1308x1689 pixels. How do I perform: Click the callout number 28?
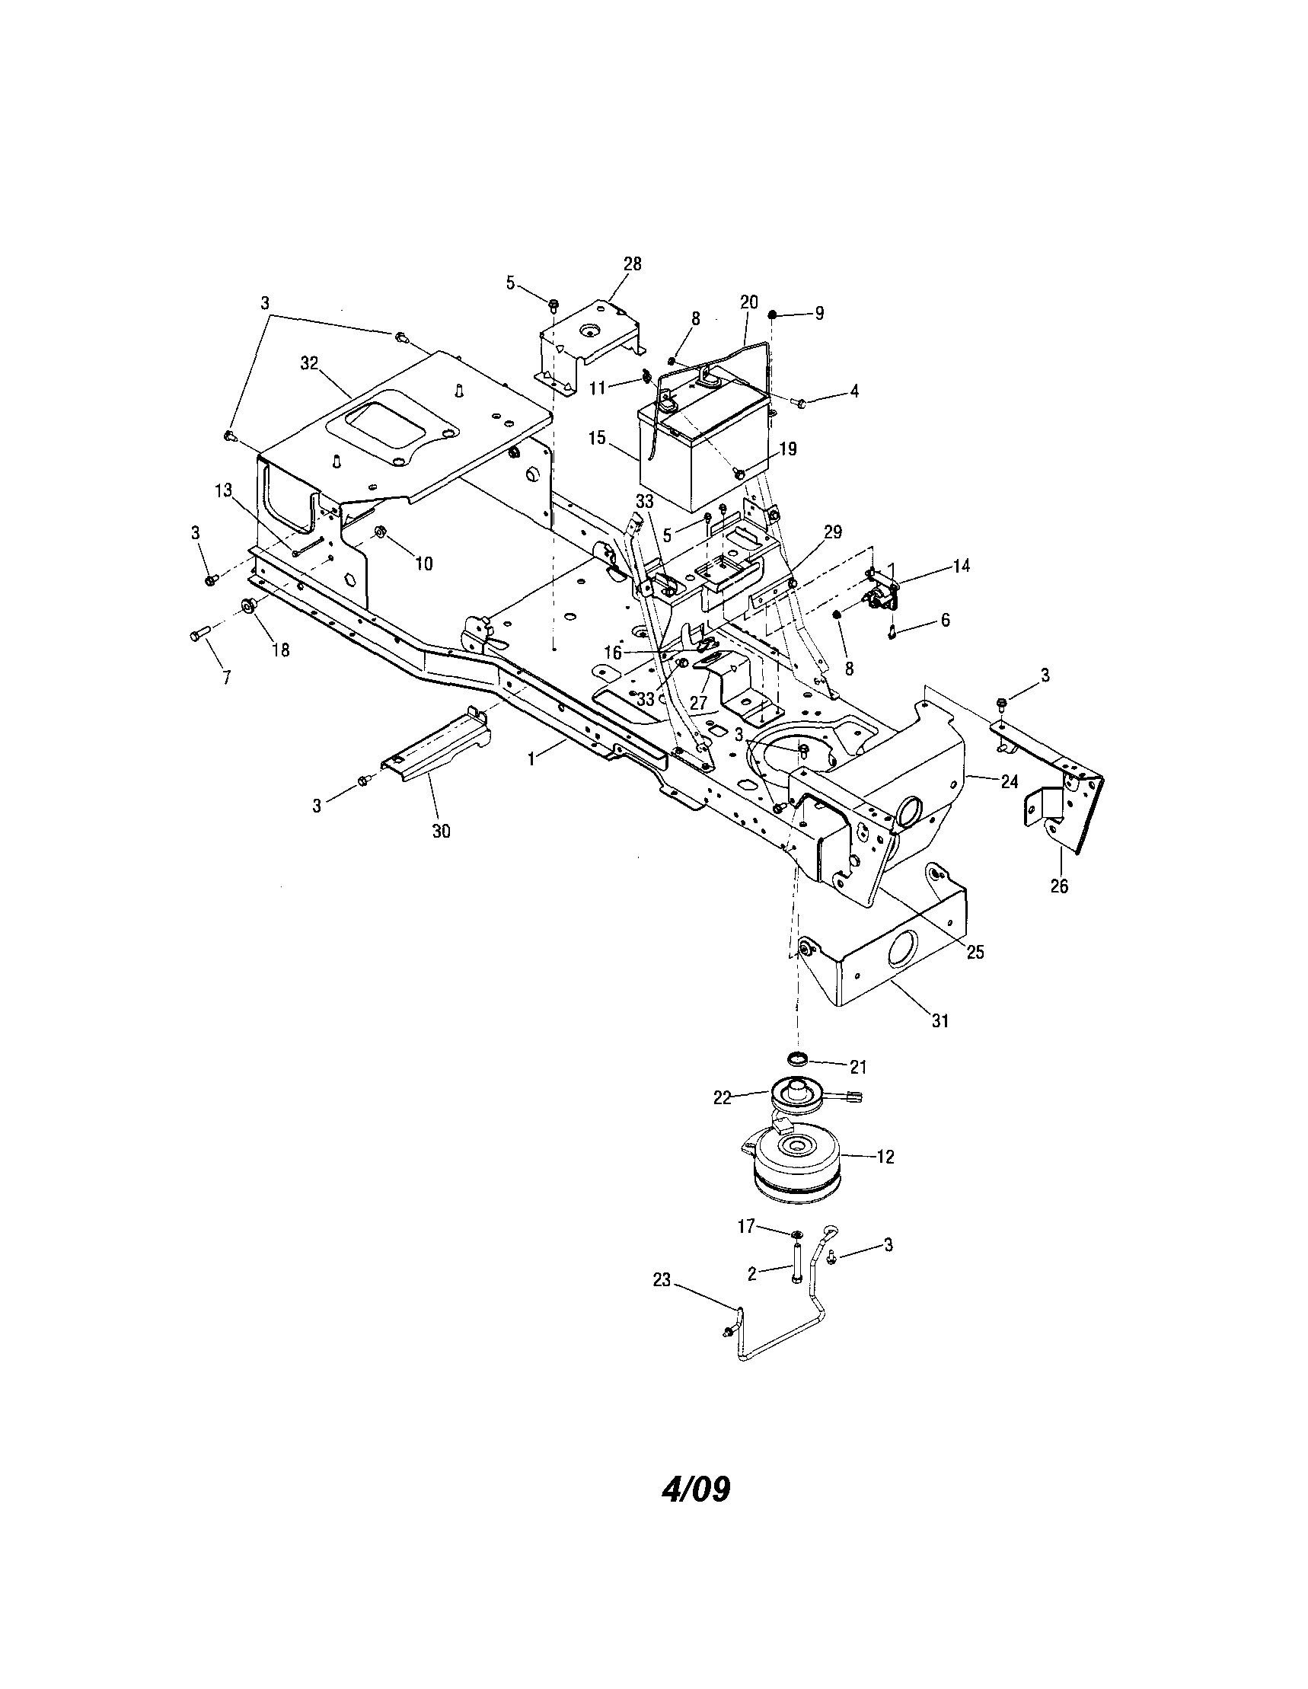point(632,263)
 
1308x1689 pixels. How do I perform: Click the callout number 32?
point(310,363)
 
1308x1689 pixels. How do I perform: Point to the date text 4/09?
point(695,1489)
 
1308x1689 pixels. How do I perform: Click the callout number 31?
point(940,1021)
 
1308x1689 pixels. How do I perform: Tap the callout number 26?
point(1058,886)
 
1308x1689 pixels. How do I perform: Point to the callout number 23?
point(662,1280)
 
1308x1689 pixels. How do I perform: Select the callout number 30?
point(441,832)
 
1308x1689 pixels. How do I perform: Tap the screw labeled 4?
point(801,401)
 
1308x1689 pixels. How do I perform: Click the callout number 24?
point(1009,782)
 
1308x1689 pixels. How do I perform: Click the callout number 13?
point(223,490)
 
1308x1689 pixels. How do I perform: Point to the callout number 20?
point(748,302)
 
